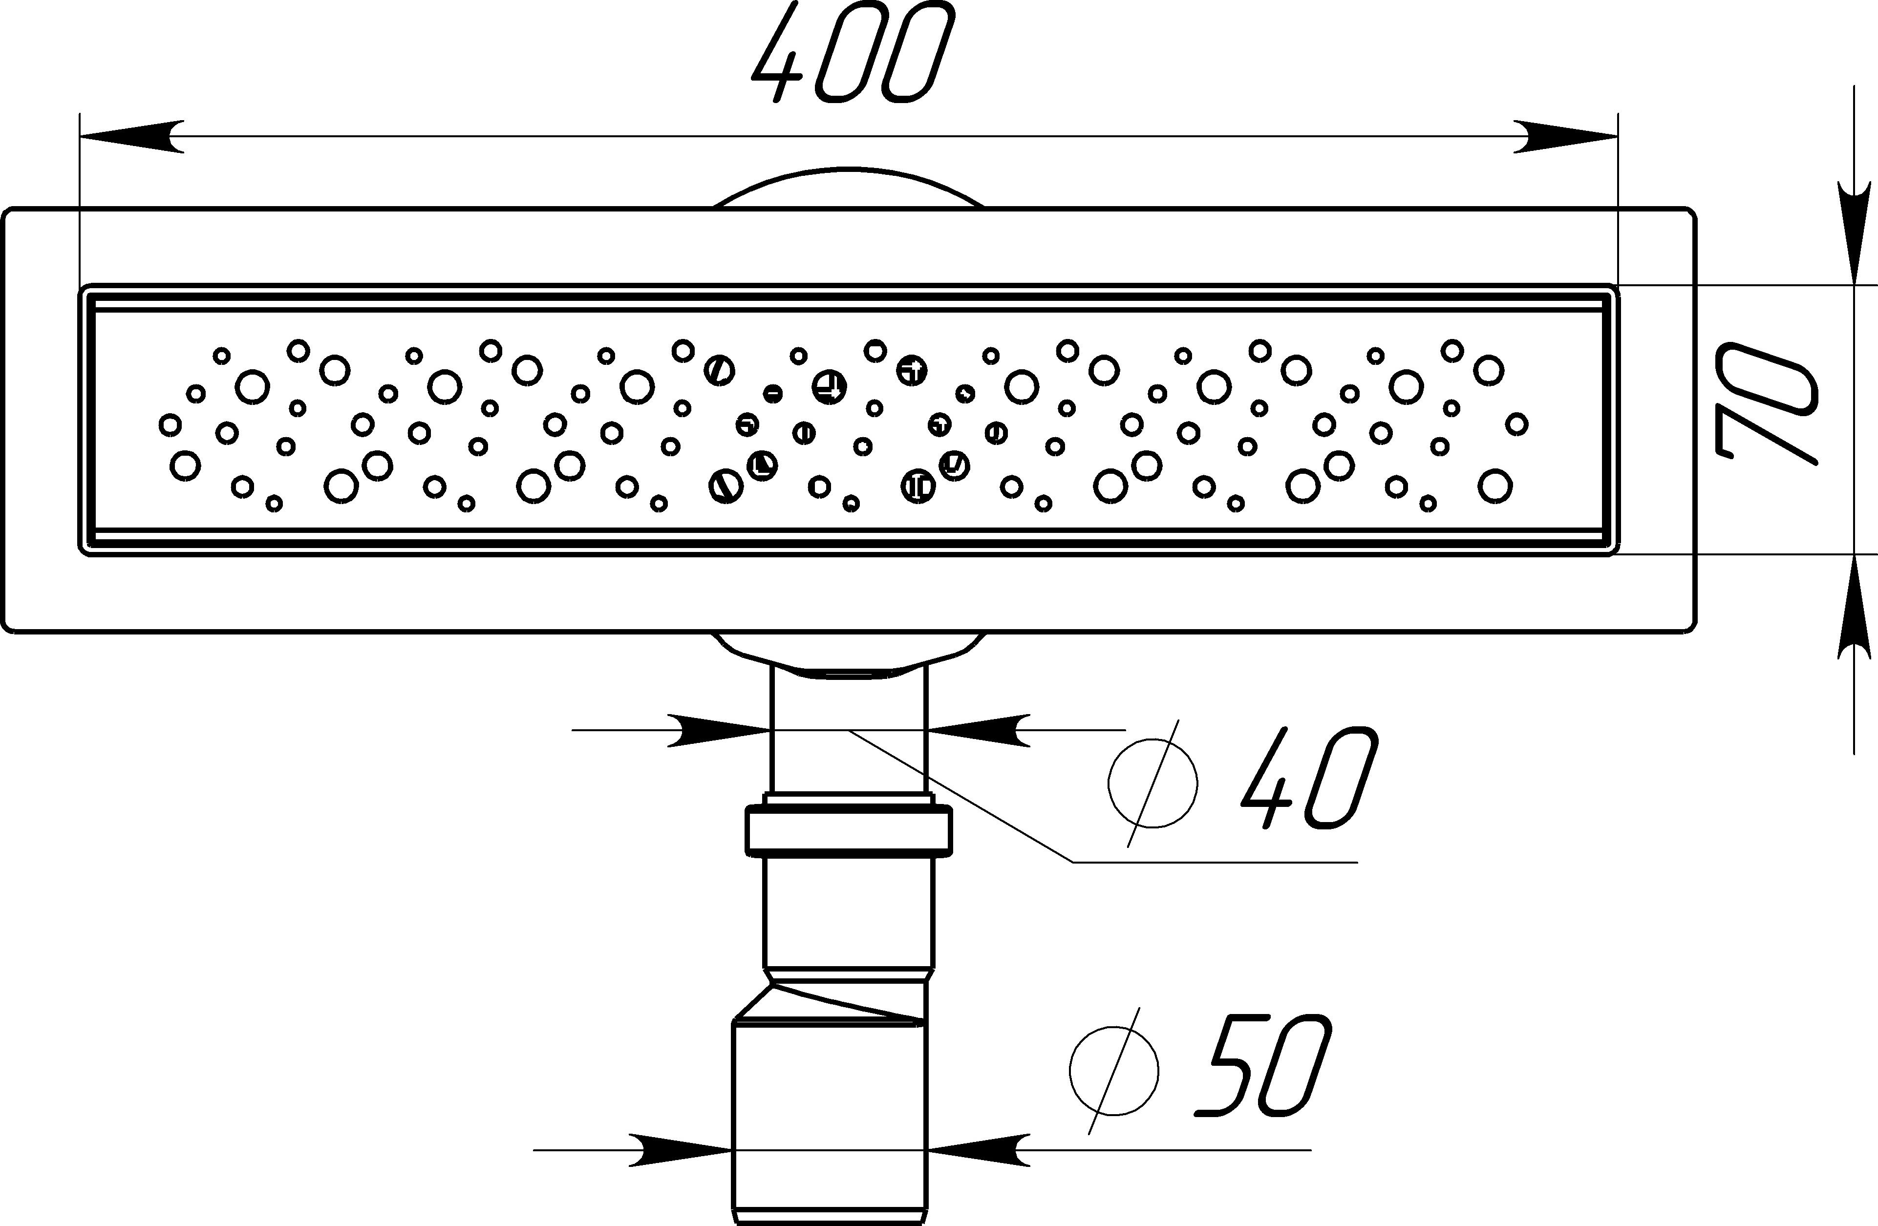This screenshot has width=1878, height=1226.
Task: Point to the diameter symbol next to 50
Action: click(x=1114, y=1071)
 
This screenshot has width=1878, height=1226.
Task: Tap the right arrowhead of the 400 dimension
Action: click(x=1566, y=136)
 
